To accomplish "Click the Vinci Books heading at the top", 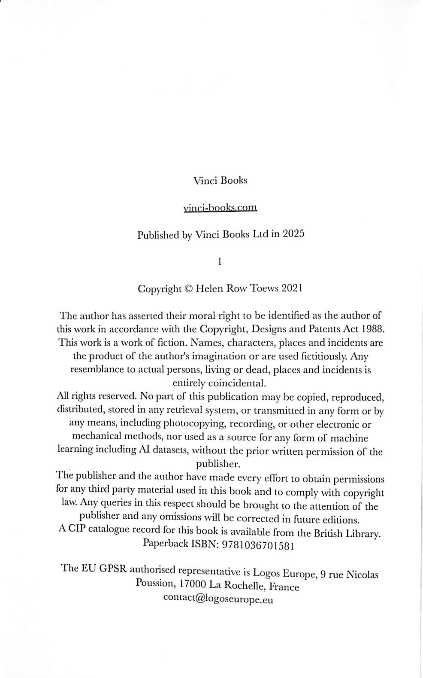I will [x=220, y=180].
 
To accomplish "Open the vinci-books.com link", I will [x=220, y=208].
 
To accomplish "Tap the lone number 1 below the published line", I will [x=220, y=261].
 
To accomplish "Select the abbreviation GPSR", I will [x=113, y=569].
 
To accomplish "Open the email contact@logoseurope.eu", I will [x=218, y=599].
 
